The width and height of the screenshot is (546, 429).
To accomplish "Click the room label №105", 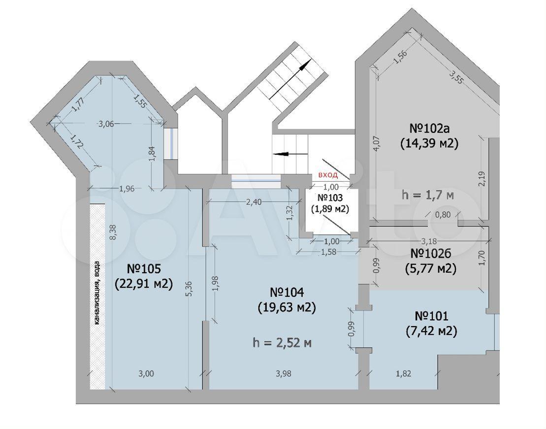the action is (x=143, y=269).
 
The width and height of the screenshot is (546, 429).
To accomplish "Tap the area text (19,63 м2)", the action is (x=287, y=307).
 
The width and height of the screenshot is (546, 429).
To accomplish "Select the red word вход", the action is (x=328, y=175).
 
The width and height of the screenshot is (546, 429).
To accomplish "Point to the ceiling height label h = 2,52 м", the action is (x=282, y=343).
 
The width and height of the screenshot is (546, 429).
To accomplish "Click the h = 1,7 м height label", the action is (x=428, y=195).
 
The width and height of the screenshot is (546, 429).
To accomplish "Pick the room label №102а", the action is (x=429, y=128).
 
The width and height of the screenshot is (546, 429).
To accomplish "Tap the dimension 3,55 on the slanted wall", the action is (x=456, y=77).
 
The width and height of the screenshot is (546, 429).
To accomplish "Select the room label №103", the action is (x=330, y=198).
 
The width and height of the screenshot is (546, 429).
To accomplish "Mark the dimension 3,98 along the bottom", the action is (x=284, y=373).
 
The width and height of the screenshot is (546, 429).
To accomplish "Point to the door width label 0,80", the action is (x=443, y=215).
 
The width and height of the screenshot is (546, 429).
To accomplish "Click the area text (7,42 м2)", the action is (x=431, y=331).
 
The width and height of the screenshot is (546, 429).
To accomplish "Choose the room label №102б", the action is (x=431, y=254).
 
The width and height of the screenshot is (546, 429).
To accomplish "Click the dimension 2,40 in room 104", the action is (x=254, y=202).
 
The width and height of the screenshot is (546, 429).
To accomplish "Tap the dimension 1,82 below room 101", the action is (x=404, y=373).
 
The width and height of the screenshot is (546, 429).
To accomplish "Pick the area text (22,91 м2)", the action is (x=144, y=284).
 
